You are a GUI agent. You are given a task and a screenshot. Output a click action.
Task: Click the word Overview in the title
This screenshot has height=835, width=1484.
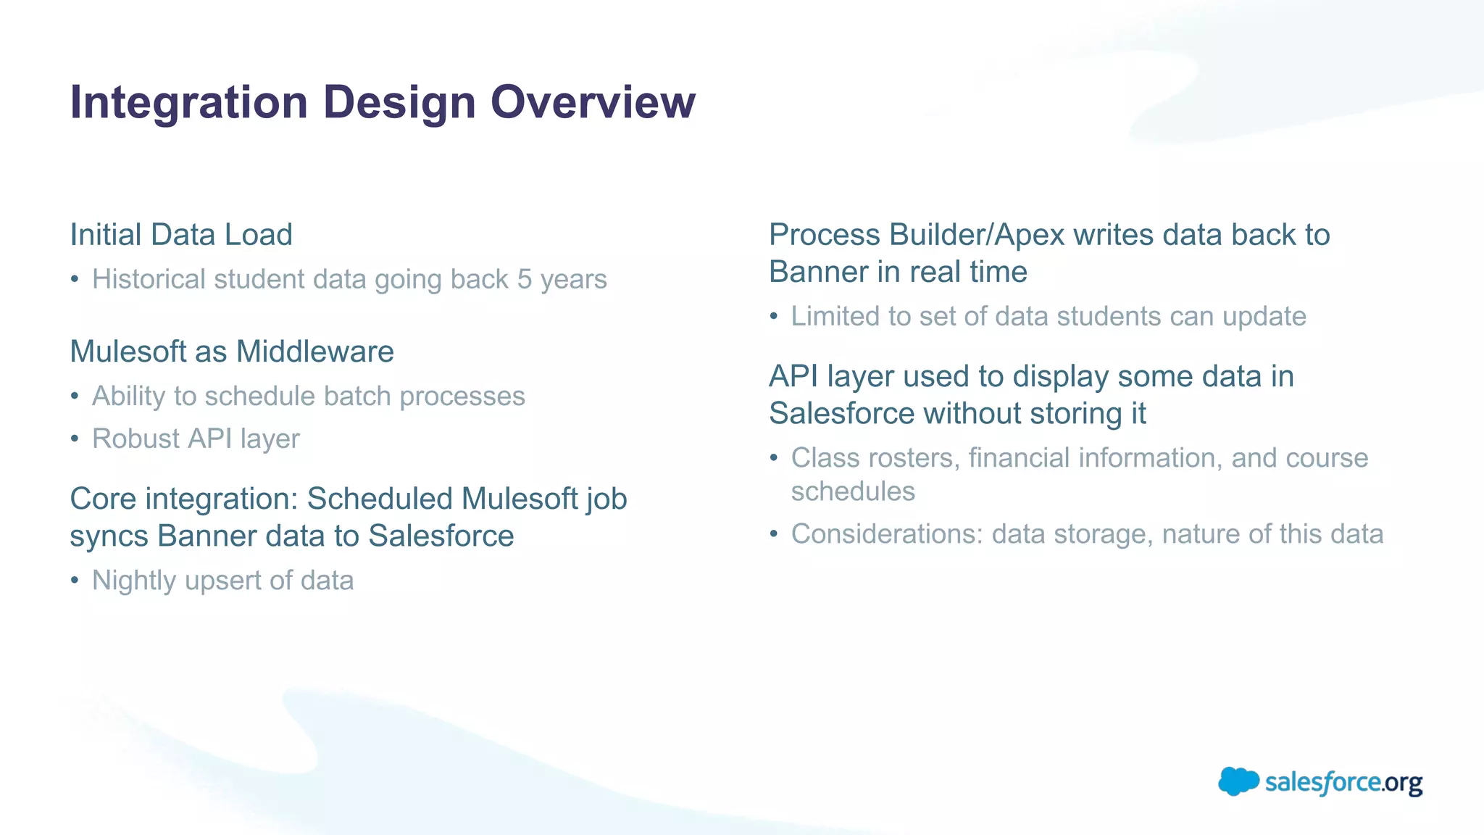click(x=593, y=102)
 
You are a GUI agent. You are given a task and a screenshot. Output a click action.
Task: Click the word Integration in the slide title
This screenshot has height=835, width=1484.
click(x=189, y=102)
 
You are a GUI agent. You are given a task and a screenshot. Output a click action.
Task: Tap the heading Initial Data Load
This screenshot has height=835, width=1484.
click(x=181, y=235)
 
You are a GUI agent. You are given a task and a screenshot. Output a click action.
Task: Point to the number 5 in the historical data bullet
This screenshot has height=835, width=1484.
click(x=525, y=280)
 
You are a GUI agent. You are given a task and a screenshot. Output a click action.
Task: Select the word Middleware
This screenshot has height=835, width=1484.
click(x=315, y=352)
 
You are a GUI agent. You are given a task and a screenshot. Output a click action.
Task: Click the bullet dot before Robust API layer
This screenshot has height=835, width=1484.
click(x=75, y=439)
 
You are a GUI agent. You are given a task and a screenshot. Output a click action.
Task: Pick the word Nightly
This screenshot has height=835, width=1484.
click(x=134, y=581)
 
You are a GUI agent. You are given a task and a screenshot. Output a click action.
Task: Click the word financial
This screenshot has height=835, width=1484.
click(x=1019, y=458)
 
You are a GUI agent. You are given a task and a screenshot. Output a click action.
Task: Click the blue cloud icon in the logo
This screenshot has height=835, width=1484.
click(x=1238, y=781)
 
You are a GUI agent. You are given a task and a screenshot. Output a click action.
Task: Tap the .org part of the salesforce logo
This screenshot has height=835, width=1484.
click(x=1402, y=784)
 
